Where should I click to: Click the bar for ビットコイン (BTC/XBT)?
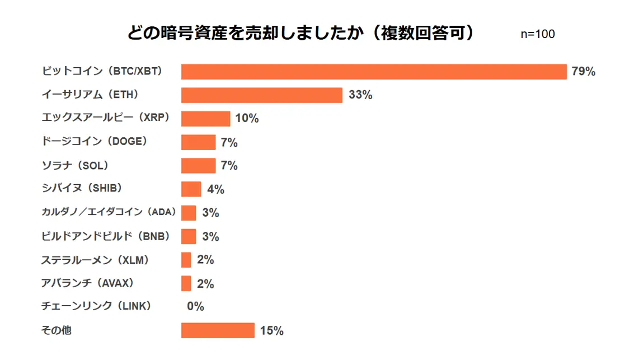click(374, 72)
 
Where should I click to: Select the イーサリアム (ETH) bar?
click(261, 95)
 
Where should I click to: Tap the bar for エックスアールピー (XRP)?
click(205, 119)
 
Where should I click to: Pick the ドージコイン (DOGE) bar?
click(198, 142)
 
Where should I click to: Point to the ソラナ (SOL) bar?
click(198, 166)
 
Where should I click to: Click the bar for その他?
click(218, 330)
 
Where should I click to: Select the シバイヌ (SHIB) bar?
click(191, 189)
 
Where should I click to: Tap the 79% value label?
click(583, 72)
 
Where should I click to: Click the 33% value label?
click(360, 95)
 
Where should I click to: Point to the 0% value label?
click(195, 307)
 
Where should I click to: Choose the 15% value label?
click(272, 331)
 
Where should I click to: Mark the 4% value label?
click(215, 190)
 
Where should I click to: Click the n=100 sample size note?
click(538, 34)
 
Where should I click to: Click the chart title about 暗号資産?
click(301, 33)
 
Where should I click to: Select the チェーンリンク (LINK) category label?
click(96, 306)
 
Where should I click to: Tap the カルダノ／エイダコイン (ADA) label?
click(109, 212)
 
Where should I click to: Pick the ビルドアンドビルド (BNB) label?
click(105, 236)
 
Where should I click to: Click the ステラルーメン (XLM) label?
click(96, 260)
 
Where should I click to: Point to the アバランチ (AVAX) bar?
click(186, 283)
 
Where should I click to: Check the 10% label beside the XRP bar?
click(247, 119)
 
